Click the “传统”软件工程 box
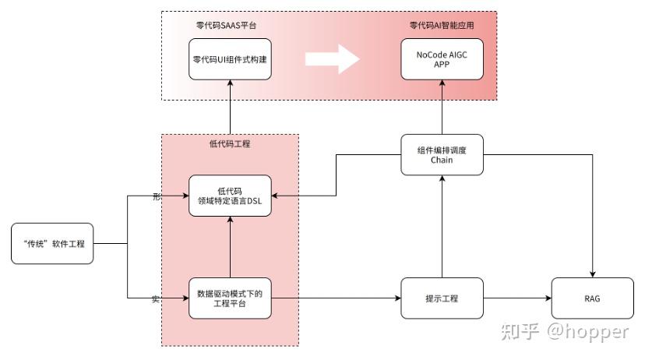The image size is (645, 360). click(58, 244)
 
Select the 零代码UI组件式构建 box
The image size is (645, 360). click(231, 58)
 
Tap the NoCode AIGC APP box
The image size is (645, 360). click(441, 58)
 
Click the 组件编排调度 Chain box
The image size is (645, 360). click(441, 154)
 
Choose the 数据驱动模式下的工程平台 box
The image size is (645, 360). click(231, 298)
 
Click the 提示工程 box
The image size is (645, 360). click(441, 298)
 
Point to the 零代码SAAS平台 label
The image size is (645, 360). click(227, 25)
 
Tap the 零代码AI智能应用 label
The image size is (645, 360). click(442, 25)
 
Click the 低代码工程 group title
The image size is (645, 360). click(230, 144)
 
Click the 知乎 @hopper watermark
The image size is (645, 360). click(566, 332)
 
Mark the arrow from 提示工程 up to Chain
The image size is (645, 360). click(441, 226)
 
